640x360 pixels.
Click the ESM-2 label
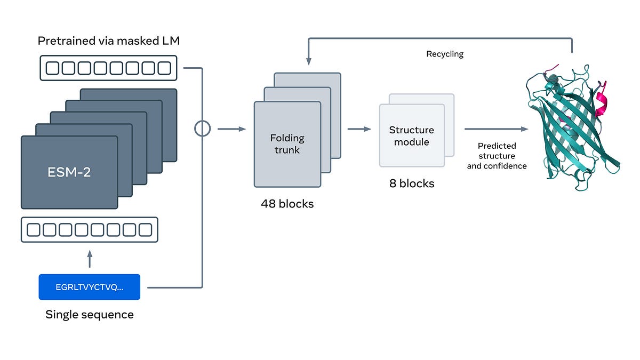click(69, 172)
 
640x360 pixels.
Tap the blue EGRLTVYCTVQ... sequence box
click(90, 287)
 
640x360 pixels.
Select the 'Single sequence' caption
click(90, 315)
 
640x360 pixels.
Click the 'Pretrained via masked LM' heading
click(109, 41)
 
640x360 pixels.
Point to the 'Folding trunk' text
click(287, 144)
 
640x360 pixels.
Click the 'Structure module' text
click(411, 136)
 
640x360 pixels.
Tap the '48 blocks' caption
click(287, 204)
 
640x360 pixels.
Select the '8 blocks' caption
click(412, 183)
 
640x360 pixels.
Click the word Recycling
click(445, 54)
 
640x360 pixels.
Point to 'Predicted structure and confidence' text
click(497, 156)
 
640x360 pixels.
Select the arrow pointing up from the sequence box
click(90, 259)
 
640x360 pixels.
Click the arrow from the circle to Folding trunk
click(231, 129)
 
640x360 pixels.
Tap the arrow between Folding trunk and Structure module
click(359, 129)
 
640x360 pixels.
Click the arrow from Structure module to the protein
click(497, 129)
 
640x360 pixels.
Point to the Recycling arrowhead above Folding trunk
click(309, 61)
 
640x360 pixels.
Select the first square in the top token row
click(52, 68)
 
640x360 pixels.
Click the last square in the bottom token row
click(145, 230)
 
